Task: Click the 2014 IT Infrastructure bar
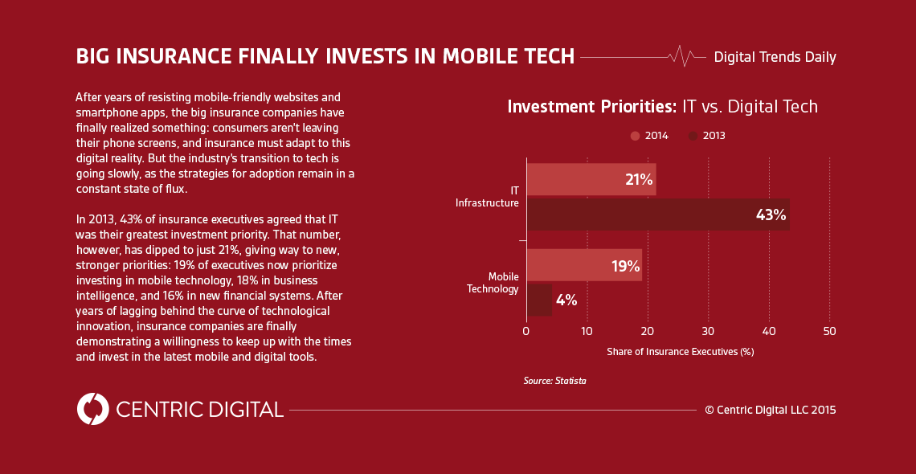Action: pos(591,179)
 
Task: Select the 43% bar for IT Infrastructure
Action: pos(657,215)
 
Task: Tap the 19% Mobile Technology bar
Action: pos(583,265)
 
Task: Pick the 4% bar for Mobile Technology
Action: pos(539,300)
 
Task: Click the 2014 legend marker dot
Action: pos(635,136)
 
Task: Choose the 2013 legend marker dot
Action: pos(693,136)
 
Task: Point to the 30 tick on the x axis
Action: pos(708,331)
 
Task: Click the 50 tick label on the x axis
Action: pos(830,331)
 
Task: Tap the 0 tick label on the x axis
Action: pos(525,331)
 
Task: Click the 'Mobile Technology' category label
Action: pos(493,283)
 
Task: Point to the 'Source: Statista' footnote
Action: pos(554,381)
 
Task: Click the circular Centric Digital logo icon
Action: pos(92,409)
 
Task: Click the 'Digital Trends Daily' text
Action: pos(775,57)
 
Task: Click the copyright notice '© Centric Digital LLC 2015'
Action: pos(771,410)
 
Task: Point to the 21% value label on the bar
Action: pos(639,180)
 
